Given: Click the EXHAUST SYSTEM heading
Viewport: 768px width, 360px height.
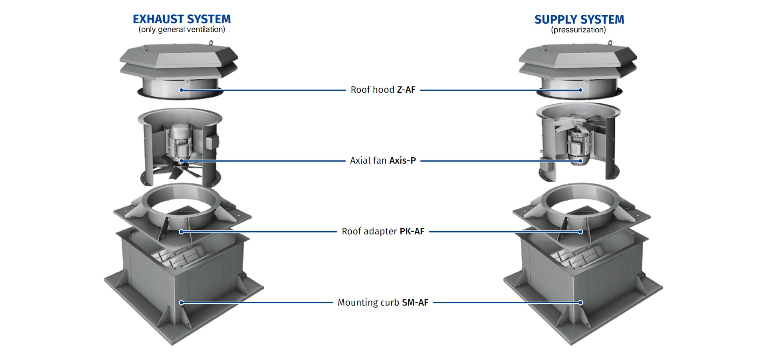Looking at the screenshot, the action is pyautogui.click(x=182, y=19).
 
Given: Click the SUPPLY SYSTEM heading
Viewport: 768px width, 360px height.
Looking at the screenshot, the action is pyautogui.click(x=579, y=20).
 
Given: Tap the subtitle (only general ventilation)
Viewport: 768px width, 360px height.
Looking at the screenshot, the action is pyautogui.click(x=182, y=30).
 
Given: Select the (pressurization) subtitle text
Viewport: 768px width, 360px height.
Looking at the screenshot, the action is pyautogui.click(x=578, y=30).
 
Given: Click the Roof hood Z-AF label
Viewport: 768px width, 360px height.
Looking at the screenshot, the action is pyautogui.click(x=383, y=90).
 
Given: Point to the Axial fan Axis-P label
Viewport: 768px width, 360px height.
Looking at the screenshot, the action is pyautogui.click(x=383, y=160).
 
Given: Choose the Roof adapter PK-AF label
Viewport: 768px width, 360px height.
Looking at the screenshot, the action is pyautogui.click(x=383, y=231).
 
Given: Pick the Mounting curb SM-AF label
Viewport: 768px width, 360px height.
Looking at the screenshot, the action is pyautogui.click(x=383, y=302).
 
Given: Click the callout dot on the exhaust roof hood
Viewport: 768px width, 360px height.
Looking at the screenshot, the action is pyautogui.click(x=181, y=90).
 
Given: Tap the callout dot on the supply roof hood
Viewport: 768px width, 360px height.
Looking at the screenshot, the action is pyautogui.click(x=580, y=90).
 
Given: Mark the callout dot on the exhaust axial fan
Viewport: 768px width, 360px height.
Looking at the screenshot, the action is pyautogui.click(x=181, y=161).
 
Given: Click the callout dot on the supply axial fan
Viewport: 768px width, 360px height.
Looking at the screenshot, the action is pyautogui.click(x=580, y=161).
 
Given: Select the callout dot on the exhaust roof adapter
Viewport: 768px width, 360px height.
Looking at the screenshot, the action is pyautogui.click(x=181, y=232).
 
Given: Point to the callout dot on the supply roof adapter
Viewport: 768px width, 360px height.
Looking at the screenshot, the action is pyautogui.click(x=580, y=232).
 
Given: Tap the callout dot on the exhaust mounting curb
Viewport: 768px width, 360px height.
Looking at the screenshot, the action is pyautogui.click(x=181, y=302).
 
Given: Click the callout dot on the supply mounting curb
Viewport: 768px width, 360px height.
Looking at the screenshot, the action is pyautogui.click(x=580, y=302).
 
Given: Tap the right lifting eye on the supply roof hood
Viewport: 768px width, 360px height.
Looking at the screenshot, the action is pyautogui.click(x=610, y=43).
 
